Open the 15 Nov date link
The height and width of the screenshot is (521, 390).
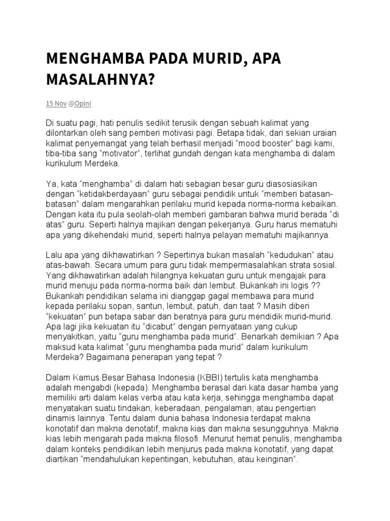click(56, 103)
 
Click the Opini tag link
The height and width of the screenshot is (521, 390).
click(83, 103)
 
